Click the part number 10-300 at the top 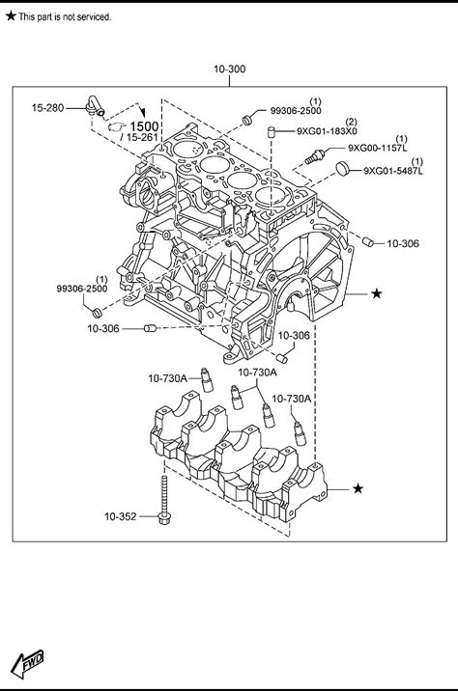(229, 69)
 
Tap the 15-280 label (47, 107)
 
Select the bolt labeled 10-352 (164, 500)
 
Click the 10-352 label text (121, 516)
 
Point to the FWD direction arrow (27, 663)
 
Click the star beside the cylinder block (376, 293)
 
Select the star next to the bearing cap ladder (358, 488)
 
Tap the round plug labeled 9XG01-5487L (342, 168)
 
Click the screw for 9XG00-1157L (315, 157)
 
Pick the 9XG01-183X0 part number (327, 131)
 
